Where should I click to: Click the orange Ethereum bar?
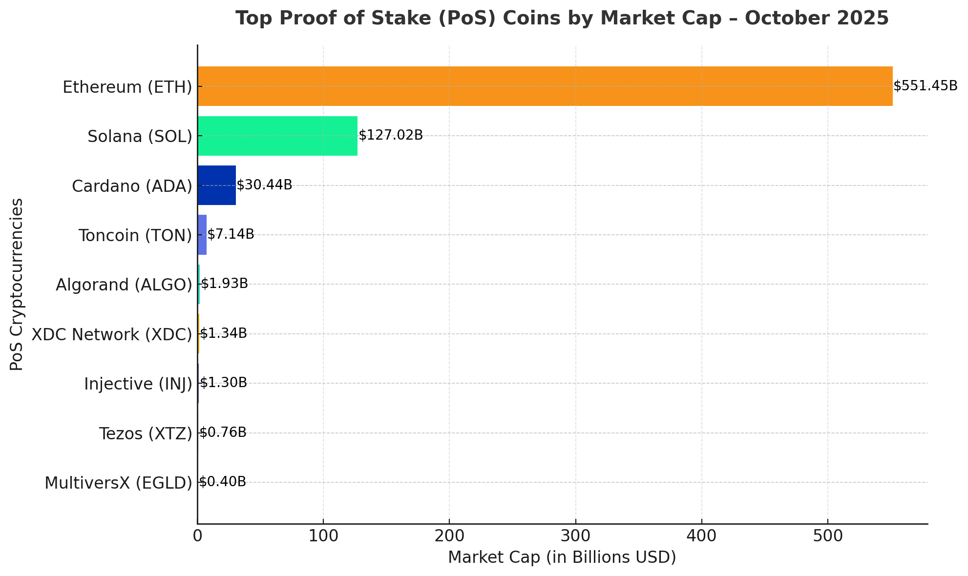click(x=545, y=86)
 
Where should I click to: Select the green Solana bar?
click(x=277, y=136)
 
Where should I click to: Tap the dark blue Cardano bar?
click(x=217, y=185)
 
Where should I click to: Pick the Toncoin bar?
click(x=202, y=235)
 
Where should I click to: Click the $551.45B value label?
click(x=925, y=86)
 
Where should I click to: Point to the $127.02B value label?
click(x=391, y=136)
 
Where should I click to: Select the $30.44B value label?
click(x=264, y=185)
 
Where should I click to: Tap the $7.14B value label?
click(x=231, y=234)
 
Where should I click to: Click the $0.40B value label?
click(x=222, y=482)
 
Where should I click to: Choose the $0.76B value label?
click(x=223, y=432)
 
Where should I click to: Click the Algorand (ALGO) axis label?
click(x=124, y=285)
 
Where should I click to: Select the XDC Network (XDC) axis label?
click(x=112, y=335)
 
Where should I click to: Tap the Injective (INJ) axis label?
click(x=138, y=384)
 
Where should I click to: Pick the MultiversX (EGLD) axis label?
click(x=119, y=483)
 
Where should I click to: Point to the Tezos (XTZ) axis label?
click(x=146, y=434)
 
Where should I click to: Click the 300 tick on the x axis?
click(x=575, y=536)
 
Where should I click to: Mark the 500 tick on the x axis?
click(x=828, y=536)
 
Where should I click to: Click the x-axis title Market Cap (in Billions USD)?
click(x=562, y=557)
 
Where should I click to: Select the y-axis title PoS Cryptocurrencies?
click(x=17, y=284)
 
